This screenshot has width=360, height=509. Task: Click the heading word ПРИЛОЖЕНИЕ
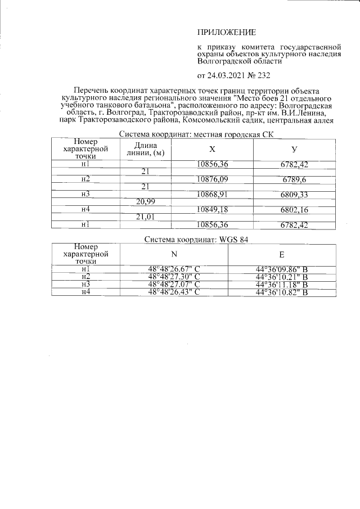(226, 33)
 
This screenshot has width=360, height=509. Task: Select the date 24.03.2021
(229, 75)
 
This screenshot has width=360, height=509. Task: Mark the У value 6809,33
(295, 195)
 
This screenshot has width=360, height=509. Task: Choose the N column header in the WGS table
(173, 254)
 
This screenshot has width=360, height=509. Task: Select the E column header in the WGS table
(281, 254)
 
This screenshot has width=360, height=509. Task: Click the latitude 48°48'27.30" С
(174, 277)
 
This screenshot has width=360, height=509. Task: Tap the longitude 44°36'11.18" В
(281, 285)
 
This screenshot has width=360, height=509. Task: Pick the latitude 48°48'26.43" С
(174, 292)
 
